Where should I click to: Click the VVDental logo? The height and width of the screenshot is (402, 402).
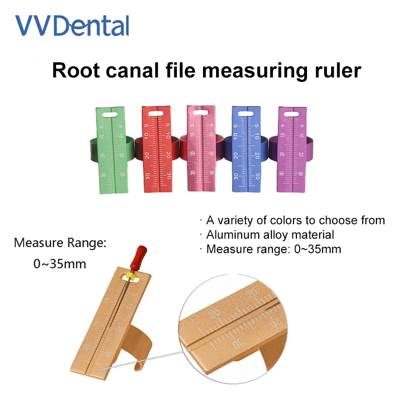tap(72, 26)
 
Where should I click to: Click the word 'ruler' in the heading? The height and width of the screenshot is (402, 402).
tap(336, 70)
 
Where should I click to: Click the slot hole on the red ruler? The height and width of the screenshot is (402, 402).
tap(156, 114)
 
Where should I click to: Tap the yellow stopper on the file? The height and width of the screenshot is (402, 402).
tap(132, 275)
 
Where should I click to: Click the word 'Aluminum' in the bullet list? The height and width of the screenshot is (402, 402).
tap(232, 235)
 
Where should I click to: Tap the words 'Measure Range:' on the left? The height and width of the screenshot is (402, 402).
tap(60, 244)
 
